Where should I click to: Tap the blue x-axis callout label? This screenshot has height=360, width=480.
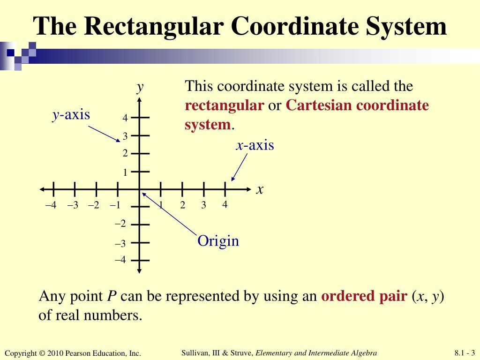(255, 145)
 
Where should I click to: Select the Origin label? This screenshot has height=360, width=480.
(218, 241)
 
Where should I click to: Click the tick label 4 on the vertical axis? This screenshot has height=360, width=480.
(125, 119)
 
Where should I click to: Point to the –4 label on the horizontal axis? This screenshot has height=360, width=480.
(51, 205)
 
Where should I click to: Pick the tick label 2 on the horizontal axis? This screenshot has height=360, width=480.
(182, 205)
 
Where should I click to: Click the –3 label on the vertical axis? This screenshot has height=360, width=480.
(120, 244)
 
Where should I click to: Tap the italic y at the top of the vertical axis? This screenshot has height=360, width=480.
(140, 87)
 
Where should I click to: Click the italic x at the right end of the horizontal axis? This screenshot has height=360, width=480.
(260, 189)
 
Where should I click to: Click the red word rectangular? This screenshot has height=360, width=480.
(225, 105)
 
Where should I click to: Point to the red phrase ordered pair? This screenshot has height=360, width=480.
(364, 296)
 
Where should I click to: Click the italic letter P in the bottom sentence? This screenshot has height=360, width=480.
(112, 296)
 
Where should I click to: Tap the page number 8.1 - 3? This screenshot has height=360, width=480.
(465, 353)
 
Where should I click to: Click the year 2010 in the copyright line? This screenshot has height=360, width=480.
(54, 353)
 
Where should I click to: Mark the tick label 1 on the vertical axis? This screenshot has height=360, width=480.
(125, 172)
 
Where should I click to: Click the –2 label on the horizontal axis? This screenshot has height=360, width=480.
(93, 205)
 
